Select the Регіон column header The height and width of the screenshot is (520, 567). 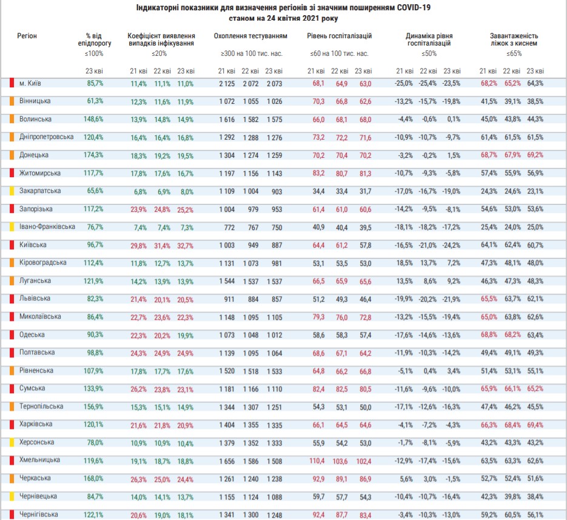pos(27,36)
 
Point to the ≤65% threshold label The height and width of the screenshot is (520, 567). pos(514,53)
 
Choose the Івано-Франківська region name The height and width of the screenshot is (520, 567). pos(47,227)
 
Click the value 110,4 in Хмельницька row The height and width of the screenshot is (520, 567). pos(317,461)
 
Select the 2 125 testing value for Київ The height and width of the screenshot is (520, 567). pos(226,83)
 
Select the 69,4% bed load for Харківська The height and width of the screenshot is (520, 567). pos(535,424)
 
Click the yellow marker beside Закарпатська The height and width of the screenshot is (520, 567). pos(12,191)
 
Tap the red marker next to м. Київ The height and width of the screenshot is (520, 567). pos(12,83)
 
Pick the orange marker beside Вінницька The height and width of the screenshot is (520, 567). pos(12,101)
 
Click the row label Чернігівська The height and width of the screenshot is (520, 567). pos(38,515)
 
